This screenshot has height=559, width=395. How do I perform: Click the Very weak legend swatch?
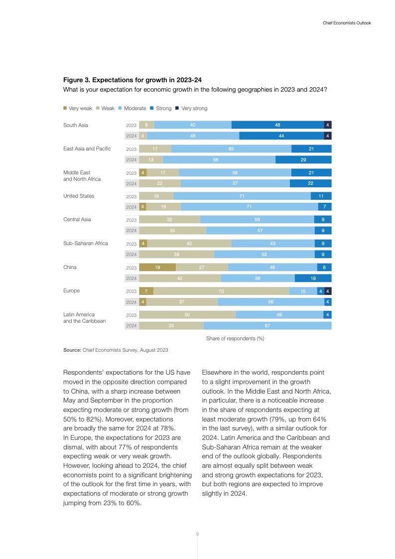point(65,108)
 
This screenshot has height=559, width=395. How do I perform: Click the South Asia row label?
point(76,125)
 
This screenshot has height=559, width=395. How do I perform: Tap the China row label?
point(70,267)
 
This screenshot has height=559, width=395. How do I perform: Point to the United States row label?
point(79,196)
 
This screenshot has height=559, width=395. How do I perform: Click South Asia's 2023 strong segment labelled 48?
point(277,125)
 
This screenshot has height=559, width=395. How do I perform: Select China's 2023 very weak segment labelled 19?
point(157,268)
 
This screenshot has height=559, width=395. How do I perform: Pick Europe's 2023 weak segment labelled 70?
point(221,291)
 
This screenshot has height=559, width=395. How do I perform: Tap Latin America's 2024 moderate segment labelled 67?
point(267,326)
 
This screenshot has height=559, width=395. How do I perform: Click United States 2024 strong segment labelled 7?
point(325,207)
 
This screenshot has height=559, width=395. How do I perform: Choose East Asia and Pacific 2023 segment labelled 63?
point(231,149)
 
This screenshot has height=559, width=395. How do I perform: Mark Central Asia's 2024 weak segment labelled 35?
point(172,231)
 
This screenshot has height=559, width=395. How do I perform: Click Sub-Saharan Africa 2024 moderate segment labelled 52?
point(264,254)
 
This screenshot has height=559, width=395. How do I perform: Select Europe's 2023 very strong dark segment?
point(328,291)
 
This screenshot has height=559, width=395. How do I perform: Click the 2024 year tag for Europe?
point(132,302)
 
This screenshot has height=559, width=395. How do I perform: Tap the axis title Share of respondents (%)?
point(235,338)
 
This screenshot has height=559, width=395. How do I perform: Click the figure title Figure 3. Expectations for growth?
point(132,80)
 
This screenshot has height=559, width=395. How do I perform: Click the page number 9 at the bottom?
point(197,534)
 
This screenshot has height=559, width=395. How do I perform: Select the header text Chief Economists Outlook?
point(344,23)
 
